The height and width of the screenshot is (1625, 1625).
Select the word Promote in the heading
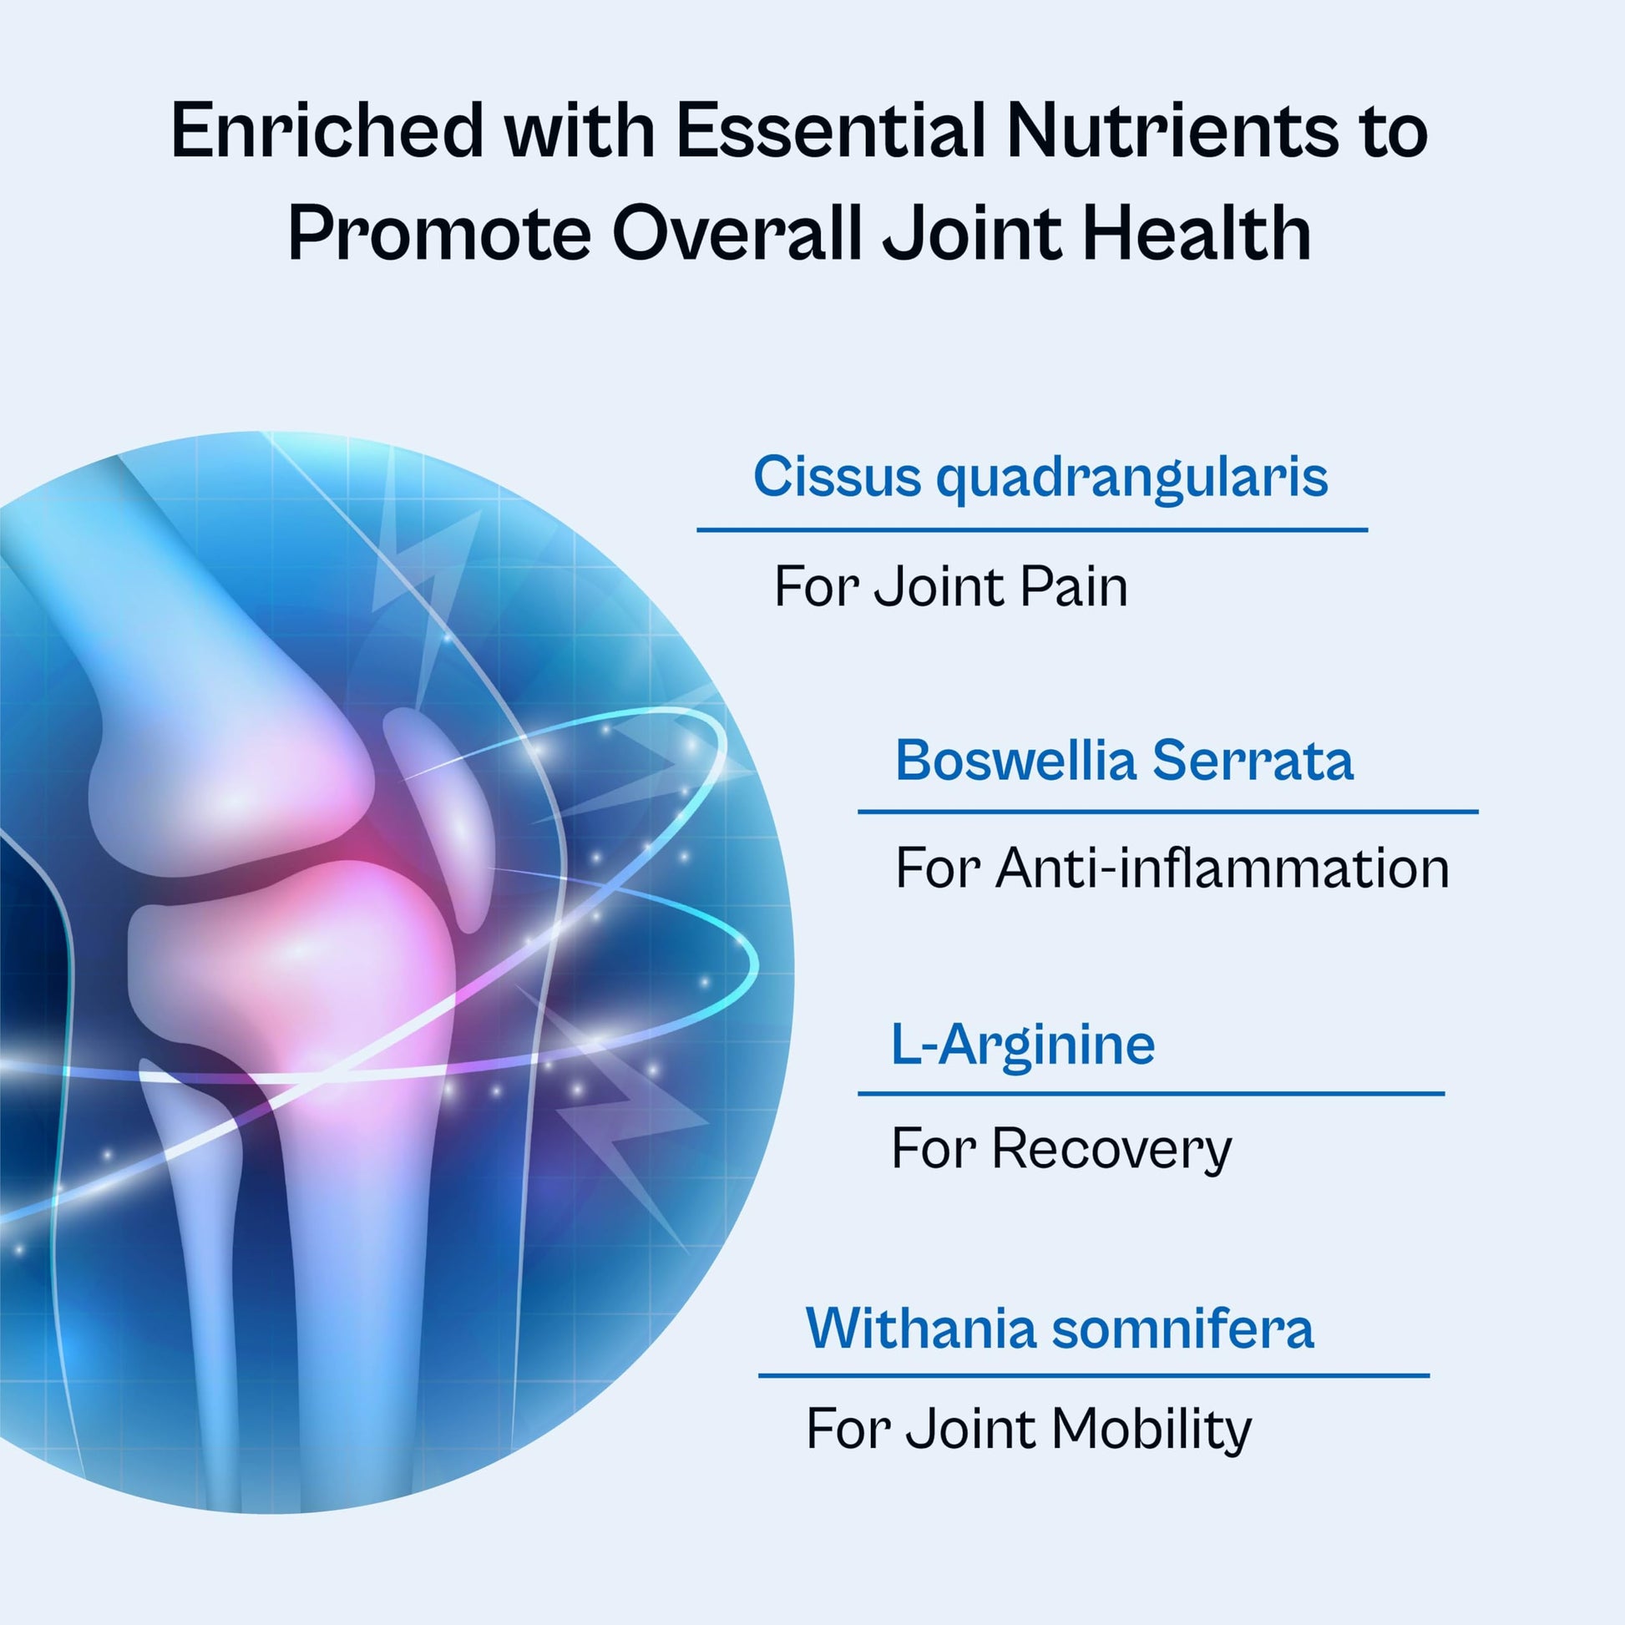click(439, 232)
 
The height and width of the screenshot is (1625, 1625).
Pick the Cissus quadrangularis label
click(1040, 478)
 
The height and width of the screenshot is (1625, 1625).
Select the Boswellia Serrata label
click(1125, 761)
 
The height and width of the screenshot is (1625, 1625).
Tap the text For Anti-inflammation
click(1172, 868)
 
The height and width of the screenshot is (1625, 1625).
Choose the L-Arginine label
click(1023, 1045)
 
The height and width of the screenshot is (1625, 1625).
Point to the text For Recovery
click(1061, 1149)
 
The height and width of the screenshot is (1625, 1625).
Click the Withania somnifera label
click(1060, 1328)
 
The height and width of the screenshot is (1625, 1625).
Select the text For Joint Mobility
click(1029, 1430)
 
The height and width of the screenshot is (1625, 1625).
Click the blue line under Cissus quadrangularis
click(1032, 530)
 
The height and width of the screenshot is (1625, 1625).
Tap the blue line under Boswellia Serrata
click(1167, 812)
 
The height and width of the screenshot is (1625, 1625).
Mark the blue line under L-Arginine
click(1151, 1093)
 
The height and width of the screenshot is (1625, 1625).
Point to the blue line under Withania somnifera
click(1093, 1376)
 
